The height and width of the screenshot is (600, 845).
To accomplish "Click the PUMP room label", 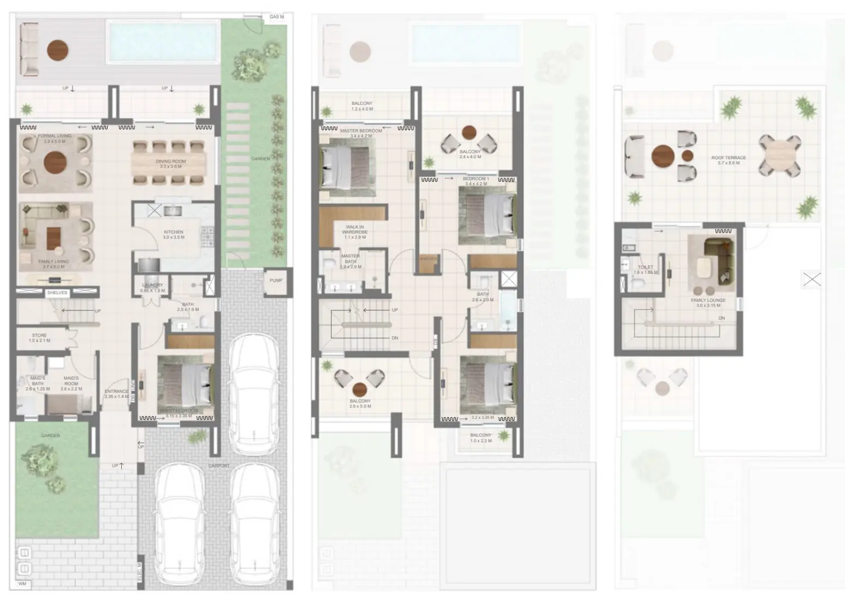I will pyautogui.click(x=276, y=280).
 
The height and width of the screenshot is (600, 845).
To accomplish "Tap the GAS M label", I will pyautogui.click(x=277, y=17).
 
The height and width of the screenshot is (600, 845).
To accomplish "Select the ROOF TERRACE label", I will pyautogui.click(x=728, y=158).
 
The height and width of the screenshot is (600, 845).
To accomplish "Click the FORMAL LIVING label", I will pyautogui.click(x=55, y=136).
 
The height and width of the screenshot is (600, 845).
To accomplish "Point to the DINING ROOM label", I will pyautogui.click(x=171, y=161).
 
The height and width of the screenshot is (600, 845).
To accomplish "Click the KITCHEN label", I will pyautogui.click(x=174, y=232).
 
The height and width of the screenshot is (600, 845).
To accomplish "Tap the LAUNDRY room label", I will pyautogui.click(x=152, y=285).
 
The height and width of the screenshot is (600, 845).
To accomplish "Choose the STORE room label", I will pyautogui.click(x=39, y=336).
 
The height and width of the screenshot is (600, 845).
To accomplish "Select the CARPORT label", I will pyautogui.click(x=219, y=466).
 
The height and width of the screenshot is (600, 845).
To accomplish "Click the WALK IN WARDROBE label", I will pyautogui.click(x=354, y=230).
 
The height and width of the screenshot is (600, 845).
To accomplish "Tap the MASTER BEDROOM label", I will pyautogui.click(x=361, y=131).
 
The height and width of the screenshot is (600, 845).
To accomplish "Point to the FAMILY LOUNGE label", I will pyautogui.click(x=708, y=301).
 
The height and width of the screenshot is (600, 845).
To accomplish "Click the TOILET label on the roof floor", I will pyautogui.click(x=645, y=268).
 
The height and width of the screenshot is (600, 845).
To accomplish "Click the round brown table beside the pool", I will pyautogui.click(x=58, y=51).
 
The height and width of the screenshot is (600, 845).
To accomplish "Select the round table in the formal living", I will pyautogui.click(x=55, y=162).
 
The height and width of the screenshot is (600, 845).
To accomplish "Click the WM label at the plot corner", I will pyautogui.click(x=22, y=584).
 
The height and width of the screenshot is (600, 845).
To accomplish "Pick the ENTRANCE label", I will pyautogui.click(x=116, y=392).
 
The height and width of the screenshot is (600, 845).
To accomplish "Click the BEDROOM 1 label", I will pyautogui.click(x=476, y=179).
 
